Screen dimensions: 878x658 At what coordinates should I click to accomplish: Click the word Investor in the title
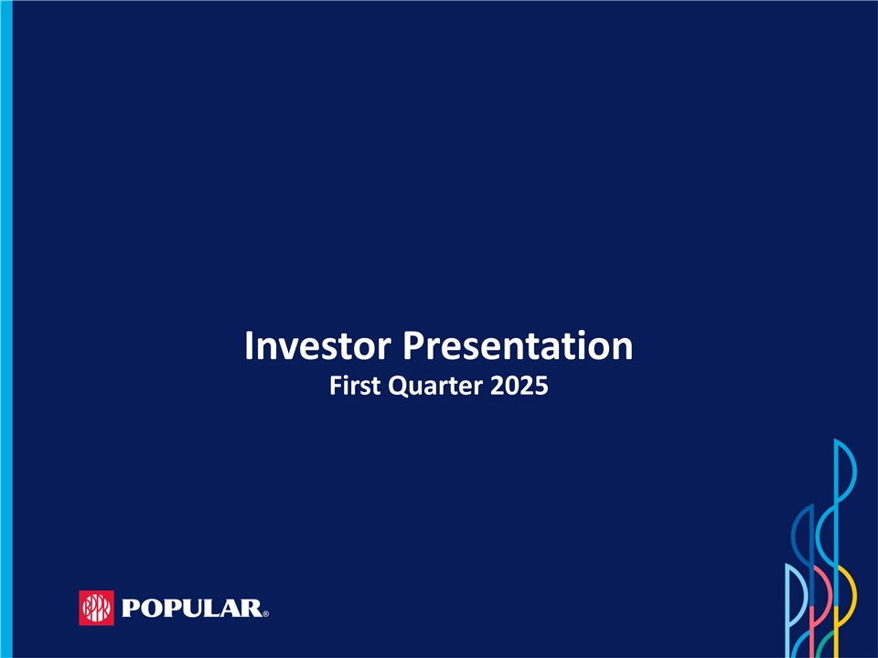point(317,345)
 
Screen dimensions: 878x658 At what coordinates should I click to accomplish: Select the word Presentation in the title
point(518,345)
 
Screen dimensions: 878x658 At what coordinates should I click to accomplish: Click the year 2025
point(519,386)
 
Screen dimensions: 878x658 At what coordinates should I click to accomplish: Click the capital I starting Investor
point(249,345)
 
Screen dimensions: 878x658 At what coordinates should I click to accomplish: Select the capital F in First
point(336,386)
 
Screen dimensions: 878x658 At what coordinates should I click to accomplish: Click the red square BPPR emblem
point(96,608)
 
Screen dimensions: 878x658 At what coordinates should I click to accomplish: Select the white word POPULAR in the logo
point(191,609)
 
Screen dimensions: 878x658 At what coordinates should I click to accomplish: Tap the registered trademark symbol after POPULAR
point(265,614)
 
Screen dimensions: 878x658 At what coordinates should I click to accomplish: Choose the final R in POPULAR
point(252,609)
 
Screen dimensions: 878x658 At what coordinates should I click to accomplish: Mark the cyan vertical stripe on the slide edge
point(6,329)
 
